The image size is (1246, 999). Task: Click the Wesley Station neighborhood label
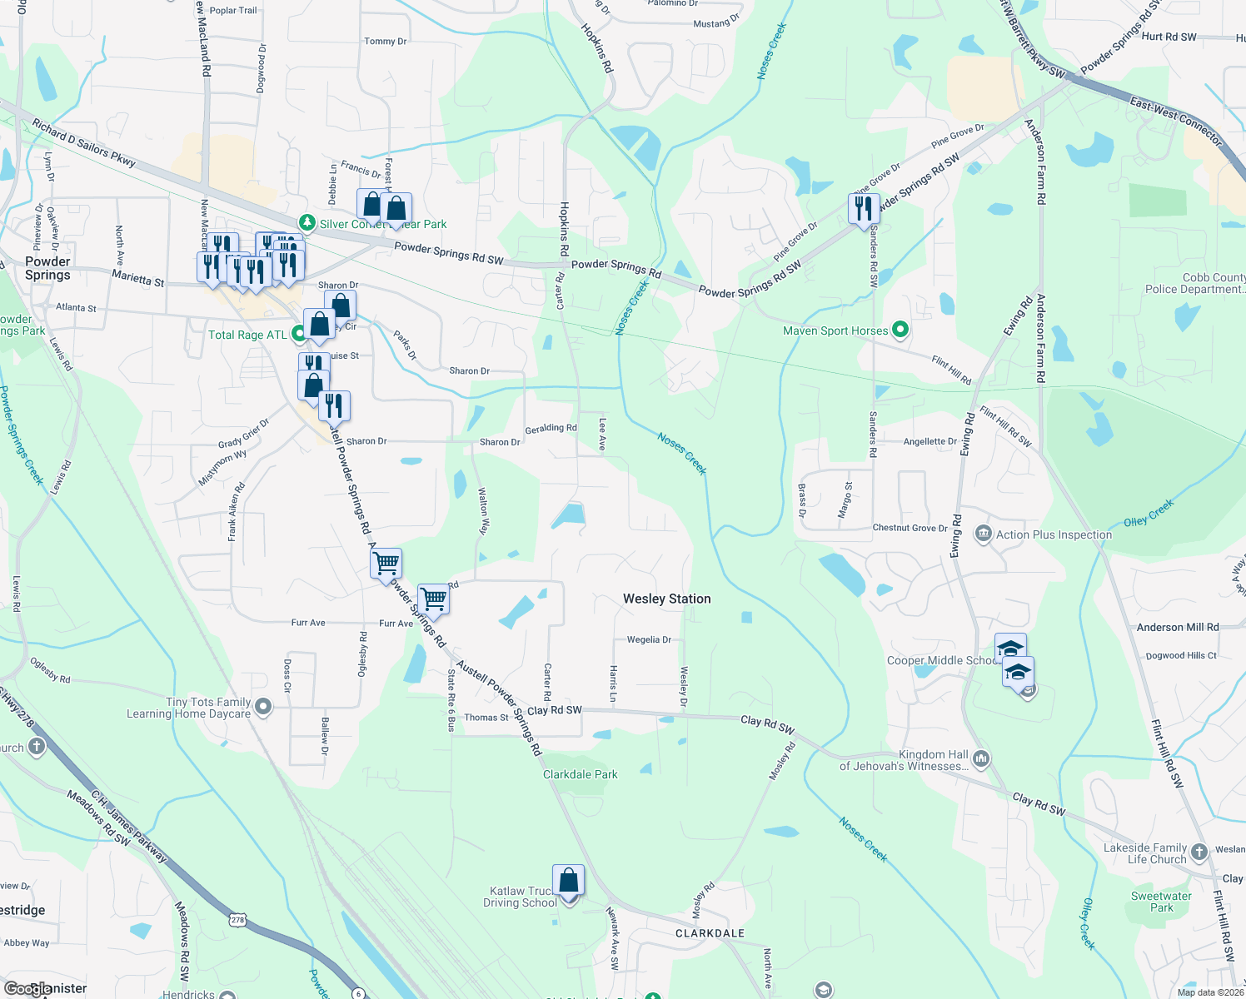coord(666,599)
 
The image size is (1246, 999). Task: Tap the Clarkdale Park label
coord(580,774)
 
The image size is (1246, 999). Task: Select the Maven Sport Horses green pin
coord(900,331)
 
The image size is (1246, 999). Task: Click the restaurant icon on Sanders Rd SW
coord(864,208)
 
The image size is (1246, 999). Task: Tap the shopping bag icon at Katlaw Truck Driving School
coord(568,880)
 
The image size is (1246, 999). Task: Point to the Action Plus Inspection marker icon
coord(983,534)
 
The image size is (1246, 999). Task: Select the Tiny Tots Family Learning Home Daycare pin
coord(263,708)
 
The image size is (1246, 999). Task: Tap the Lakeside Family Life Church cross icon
coord(1199,852)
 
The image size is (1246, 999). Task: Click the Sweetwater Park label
coord(1161,902)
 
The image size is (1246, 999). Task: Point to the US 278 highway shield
coord(238,920)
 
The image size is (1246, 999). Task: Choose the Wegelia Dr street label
coord(649,640)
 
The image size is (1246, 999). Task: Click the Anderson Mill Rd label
coord(1177,627)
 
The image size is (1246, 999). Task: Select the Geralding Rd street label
coord(551,429)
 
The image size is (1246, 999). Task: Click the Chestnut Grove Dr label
coord(910,528)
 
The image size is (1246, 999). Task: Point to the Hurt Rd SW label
coord(1169,37)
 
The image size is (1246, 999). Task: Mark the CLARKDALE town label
coord(710,933)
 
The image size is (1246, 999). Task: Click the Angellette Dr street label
coord(930,441)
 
